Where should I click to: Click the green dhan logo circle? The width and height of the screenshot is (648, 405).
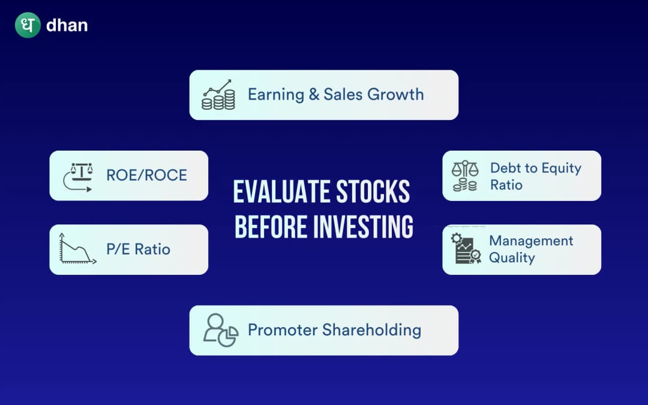(28, 25)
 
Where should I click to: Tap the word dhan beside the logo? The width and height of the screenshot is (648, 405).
(67, 26)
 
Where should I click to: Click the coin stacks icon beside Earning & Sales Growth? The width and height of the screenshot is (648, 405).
(218, 95)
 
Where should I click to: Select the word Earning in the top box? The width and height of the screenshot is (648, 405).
(276, 95)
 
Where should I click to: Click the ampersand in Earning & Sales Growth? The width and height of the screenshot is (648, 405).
(314, 94)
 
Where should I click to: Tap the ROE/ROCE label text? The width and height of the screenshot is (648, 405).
(146, 175)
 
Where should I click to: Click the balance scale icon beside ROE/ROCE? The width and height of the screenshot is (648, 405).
(78, 176)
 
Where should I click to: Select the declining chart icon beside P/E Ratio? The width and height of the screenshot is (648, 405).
(77, 249)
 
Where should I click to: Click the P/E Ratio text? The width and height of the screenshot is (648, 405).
(138, 249)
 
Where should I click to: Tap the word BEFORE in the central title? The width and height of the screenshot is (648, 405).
(269, 227)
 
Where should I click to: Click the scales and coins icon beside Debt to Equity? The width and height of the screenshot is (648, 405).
(465, 176)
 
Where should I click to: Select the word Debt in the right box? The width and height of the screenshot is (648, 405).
(505, 168)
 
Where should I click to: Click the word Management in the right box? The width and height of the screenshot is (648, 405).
(531, 241)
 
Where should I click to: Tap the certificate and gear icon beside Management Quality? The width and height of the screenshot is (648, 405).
(466, 249)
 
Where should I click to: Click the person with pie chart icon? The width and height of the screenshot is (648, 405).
(220, 330)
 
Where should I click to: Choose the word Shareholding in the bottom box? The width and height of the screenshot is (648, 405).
(371, 330)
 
